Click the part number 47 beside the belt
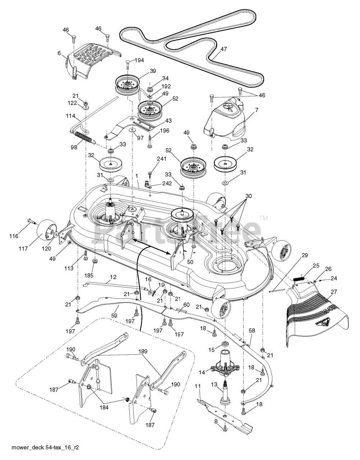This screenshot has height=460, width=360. pos(223,49)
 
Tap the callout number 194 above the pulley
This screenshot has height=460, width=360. pos(139,60)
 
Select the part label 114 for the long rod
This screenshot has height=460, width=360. pos(70,116)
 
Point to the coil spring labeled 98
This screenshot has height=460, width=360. pos(84,137)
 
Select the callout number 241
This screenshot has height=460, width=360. pos(161,159)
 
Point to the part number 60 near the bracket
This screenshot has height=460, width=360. pos(186,305)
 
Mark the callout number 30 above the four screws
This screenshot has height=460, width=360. pos(249,196)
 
